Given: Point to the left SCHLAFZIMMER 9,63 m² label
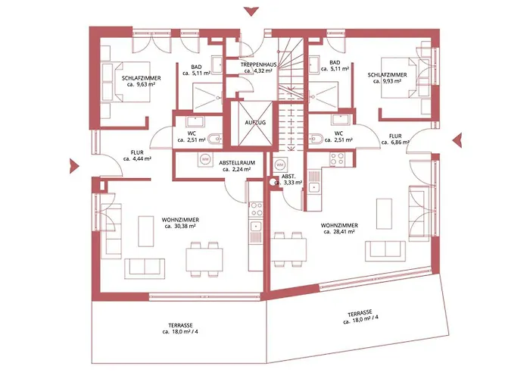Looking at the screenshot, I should tap(140, 81).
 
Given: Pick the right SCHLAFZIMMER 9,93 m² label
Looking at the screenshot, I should tap(387, 78).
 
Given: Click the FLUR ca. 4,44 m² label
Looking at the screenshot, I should tap(137, 155).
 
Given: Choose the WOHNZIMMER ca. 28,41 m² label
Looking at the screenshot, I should tap(339, 229).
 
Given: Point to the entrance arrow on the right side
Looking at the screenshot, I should tap(457, 139).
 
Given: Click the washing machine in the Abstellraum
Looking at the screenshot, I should tap(204, 160).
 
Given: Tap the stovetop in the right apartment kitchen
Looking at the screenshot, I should tap(336, 159).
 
